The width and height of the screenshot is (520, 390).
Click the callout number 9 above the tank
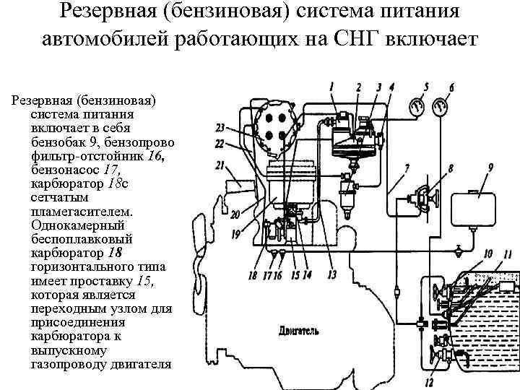(490, 167)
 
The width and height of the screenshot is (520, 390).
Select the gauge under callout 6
(440, 108)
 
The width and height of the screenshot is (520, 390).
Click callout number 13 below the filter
(331, 275)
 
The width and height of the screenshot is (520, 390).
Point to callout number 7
(407, 168)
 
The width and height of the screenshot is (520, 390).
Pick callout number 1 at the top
(330, 88)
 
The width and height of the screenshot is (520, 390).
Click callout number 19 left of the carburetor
(236, 234)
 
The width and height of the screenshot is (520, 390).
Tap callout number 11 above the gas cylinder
(508, 254)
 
